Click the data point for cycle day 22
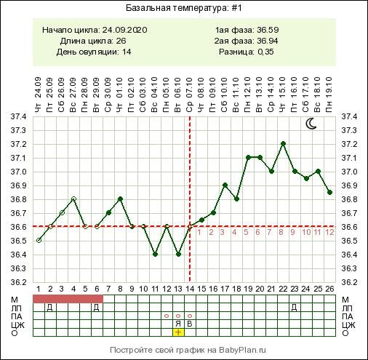pos(283,143)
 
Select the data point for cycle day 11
pos(155,255)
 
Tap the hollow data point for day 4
pos(73,199)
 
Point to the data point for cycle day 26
pos(329,192)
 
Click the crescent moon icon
pos(311,124)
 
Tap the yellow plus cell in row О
pos(178,332)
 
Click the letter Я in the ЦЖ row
pos(178,324)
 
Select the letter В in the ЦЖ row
pos(190,324)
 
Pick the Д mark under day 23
pos(294,308)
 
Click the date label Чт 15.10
pos(283,95)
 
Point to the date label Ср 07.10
pos(190,95)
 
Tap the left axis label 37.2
pos(18,145)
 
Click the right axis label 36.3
pos(349,268)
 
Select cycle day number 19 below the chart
pos(248,289)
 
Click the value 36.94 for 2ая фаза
pos(268,41)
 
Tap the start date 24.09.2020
pos(124,30)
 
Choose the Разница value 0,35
pos(265,52)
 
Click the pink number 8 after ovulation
pos(281,232)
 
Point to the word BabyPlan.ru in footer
pos(242,350)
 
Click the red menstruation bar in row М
pos(68,299)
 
